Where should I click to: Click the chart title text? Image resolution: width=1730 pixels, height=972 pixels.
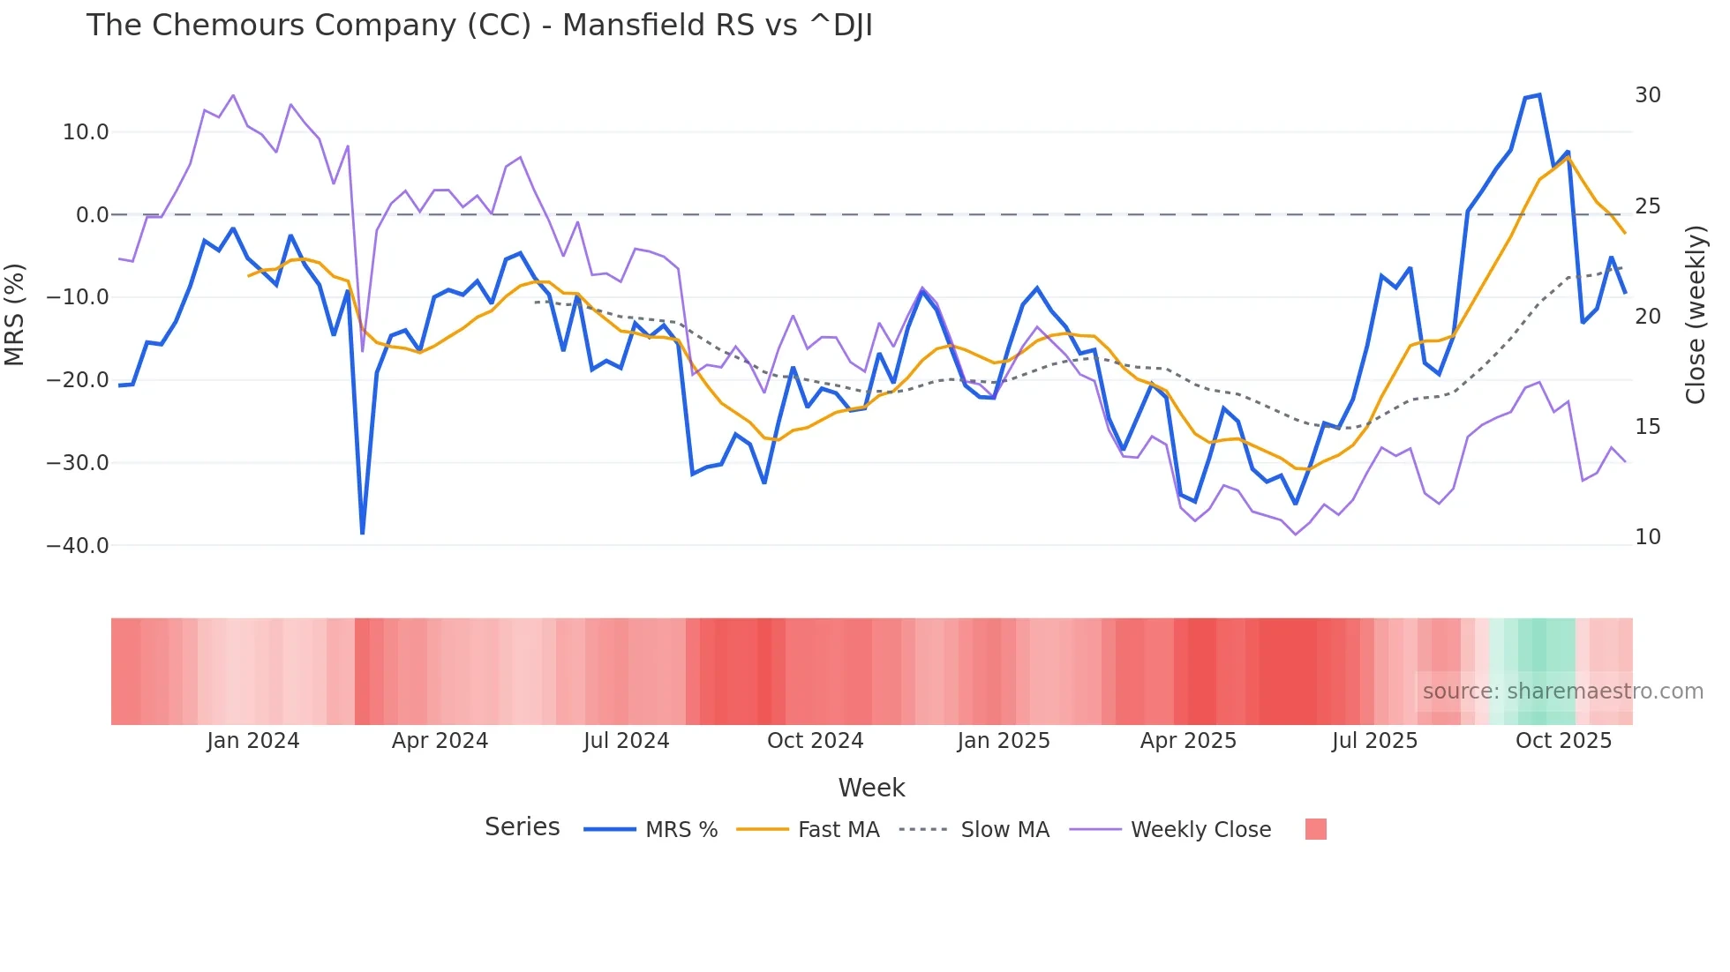coord(479,26)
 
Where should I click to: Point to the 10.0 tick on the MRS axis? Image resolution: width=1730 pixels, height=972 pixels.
coord(86,132)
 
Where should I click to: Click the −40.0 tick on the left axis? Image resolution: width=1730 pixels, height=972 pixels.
coord(78,546)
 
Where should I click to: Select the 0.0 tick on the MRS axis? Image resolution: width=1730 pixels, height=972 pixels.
coord(92,215)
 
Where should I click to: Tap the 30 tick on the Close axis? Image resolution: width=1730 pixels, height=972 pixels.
coord(1647,95)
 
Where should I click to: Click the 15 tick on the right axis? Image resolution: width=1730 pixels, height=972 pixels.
coord(1647,427)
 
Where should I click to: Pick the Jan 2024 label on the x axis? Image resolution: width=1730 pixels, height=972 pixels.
coord(253,741)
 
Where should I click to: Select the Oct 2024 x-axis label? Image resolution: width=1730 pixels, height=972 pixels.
coord(815,741)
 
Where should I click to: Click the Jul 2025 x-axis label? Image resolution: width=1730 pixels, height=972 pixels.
coord(1374,741)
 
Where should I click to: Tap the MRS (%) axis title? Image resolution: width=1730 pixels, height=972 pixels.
coord(15,314)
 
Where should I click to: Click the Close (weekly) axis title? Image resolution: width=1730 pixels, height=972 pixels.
coord(1696,315)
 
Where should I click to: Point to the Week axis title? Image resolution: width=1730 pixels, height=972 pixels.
coord(871,788)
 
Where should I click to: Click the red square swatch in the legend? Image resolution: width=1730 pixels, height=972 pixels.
coord(1315,829)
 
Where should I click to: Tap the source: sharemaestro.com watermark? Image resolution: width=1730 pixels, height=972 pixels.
coord(1562,692)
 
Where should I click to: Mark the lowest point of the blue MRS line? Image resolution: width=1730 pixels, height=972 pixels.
coord(363,533)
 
